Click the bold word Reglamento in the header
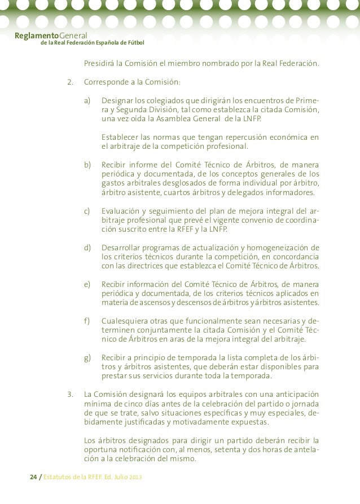coord(33,35)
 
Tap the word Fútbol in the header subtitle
coord(134,43)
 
